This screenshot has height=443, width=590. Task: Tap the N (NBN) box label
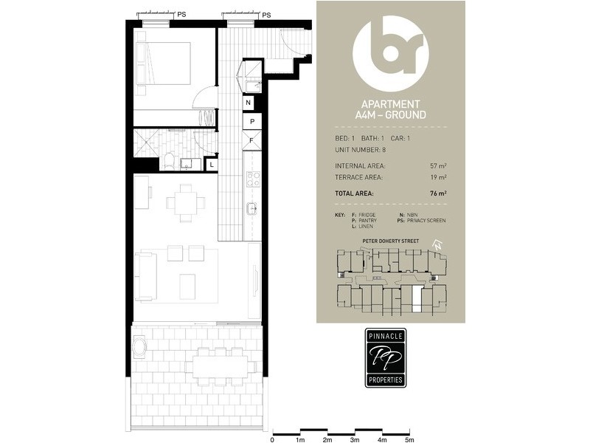(248, 103)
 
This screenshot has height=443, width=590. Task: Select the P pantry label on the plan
(252, 121)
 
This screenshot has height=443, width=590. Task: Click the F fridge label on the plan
(251, 140)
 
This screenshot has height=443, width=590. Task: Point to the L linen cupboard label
(212, 165)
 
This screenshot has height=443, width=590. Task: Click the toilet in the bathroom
(170, 161)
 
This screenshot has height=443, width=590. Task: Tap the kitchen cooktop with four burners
(253, 179)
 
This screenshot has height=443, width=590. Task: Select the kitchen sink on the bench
(251, 208)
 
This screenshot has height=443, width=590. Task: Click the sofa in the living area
(145, 276)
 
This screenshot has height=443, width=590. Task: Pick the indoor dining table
(186, 202)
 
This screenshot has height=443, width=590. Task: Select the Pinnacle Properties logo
(386, 358)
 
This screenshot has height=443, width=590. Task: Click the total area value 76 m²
(438, 193)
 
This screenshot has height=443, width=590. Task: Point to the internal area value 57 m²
(438, 165)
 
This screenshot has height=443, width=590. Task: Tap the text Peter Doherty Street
(390, 241)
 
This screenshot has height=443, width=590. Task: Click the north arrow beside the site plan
(437, 245)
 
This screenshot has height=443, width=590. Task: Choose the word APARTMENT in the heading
(391, 104)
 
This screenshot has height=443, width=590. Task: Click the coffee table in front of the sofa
(187, 286)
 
